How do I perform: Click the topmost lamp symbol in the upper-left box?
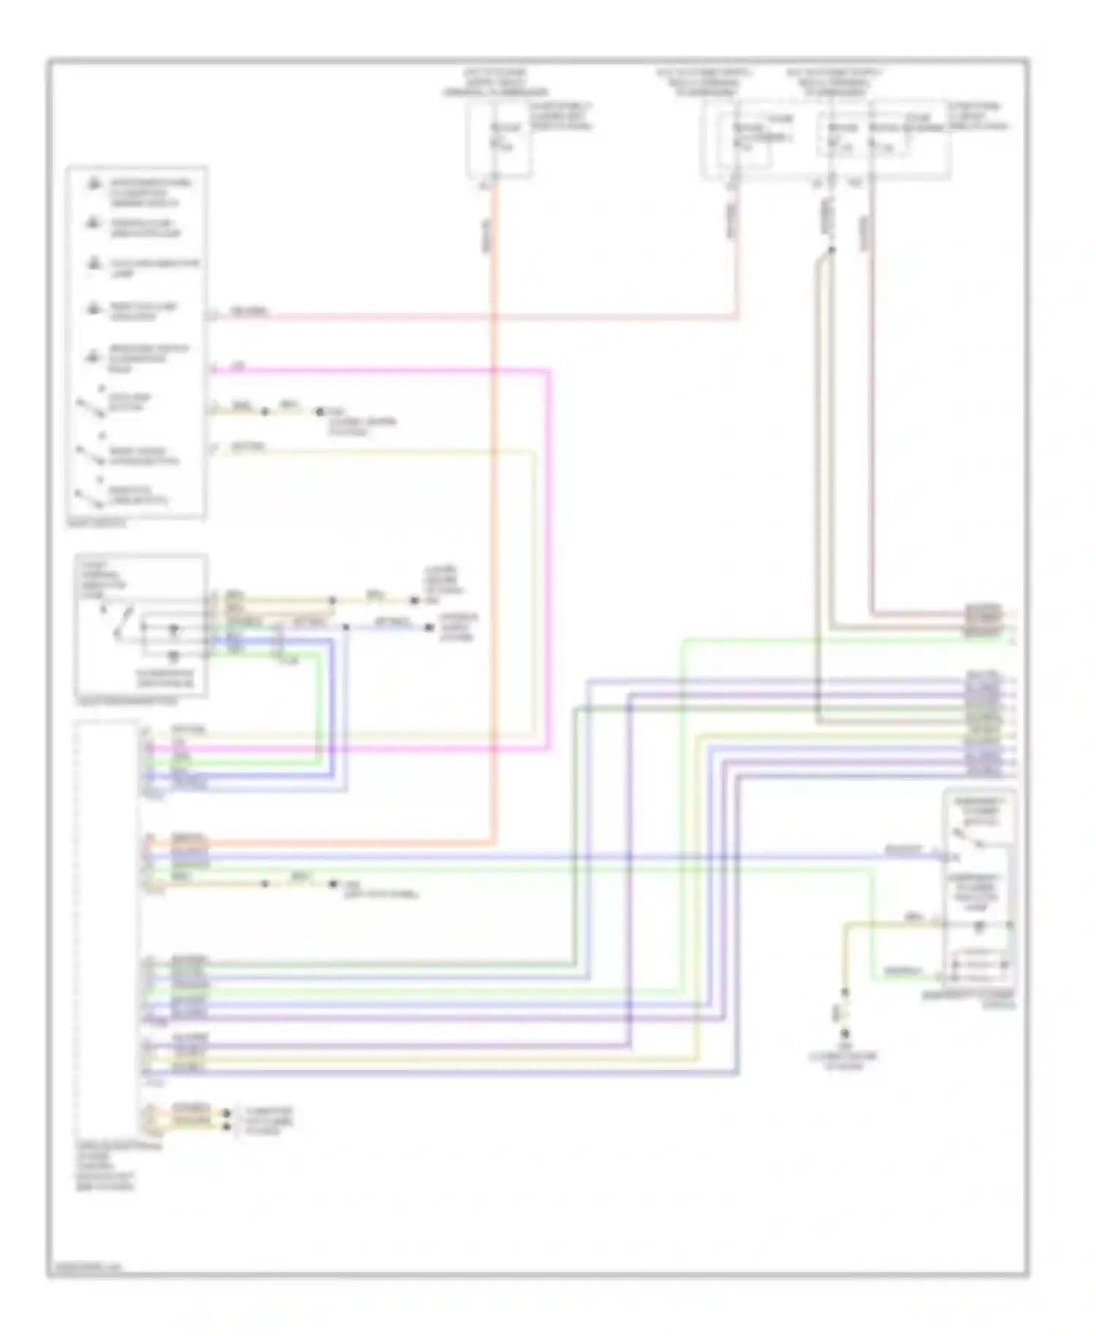[x=94, y=184]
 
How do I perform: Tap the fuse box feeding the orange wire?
[x=499, y=140]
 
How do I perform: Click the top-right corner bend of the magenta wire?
[x=548, y=372]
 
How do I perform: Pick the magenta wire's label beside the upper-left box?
[x=237, y=367]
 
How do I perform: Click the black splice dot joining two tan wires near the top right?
[x=831, y=251]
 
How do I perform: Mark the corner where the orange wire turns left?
[x=495, y=843]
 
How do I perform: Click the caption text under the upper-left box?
[x=96, y=523]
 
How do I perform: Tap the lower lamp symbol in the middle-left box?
[x=173, y=655]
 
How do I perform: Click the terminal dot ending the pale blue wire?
[x=430, y=627]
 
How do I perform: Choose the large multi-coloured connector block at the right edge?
[x=983, y=724]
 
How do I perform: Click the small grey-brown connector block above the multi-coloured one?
[x=983, y=620]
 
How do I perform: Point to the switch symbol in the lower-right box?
[x=967, y=840]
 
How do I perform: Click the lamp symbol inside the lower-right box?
[x=979, y=926]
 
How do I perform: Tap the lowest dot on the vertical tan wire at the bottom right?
[x=845, y=1034]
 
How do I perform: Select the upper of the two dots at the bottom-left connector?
[x=227, y=1113]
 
